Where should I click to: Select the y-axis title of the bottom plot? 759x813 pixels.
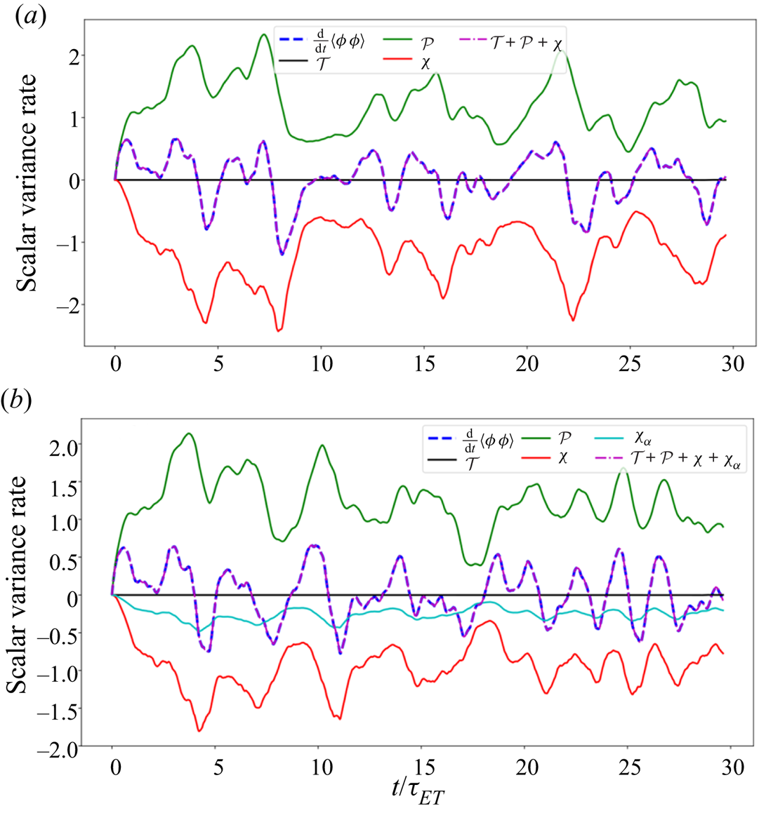[x=18, y=585]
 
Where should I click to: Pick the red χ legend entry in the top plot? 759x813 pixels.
[x=425, y=64]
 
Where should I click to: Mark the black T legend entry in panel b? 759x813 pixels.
[x=470, y=461]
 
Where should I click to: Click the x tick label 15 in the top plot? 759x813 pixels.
[x=424, y=365]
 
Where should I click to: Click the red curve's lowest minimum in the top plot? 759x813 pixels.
[x=279, y=330]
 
